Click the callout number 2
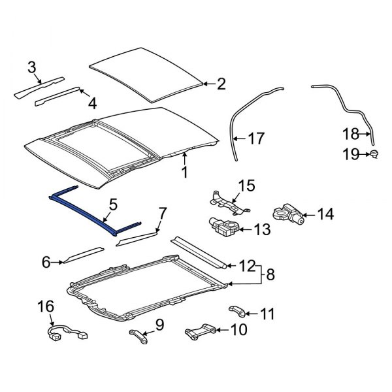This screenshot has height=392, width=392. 221,84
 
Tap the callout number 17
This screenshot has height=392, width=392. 257,139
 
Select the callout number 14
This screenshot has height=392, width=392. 325,213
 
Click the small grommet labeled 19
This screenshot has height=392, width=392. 375,154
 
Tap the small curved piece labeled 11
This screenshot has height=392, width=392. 237,310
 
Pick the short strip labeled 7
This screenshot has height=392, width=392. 137,238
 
